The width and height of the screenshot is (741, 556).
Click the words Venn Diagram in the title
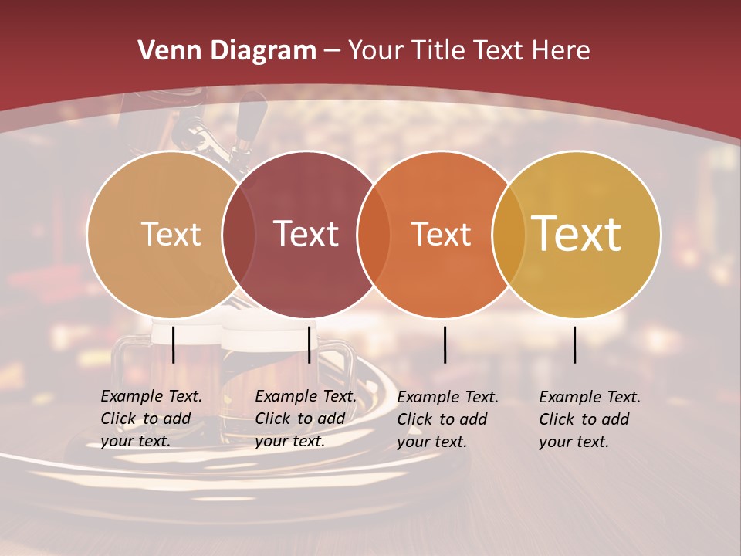click(x=227, y=51)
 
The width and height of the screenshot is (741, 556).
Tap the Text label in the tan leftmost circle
click(x=171, y=234)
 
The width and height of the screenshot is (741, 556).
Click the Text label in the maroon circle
click(x=306, y=234)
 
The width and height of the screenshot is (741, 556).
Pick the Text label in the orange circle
click(x=441, y=234)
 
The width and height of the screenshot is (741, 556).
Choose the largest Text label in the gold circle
click(x=577, y=233)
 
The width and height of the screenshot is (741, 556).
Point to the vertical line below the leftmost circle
click(x=173, y=344)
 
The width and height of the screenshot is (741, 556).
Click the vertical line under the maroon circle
click(x=309, y=344)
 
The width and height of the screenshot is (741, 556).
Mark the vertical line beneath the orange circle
click(x=445, y=344)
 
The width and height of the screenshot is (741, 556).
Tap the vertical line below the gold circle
click(x=574, y=344)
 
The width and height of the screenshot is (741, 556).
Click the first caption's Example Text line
click(x=151, y=396)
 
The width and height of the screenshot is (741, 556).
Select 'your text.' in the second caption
click(x=289, y=441)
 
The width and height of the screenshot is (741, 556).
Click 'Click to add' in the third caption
click(x=442, y=419)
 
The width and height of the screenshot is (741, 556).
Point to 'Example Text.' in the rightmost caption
click(x=590, y=397)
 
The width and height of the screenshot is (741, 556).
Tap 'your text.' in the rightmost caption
click(x=574, y=442)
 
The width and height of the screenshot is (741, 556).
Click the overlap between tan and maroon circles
click(x=239, y=234)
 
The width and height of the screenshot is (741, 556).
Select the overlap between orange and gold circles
click(x=509, y=234)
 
